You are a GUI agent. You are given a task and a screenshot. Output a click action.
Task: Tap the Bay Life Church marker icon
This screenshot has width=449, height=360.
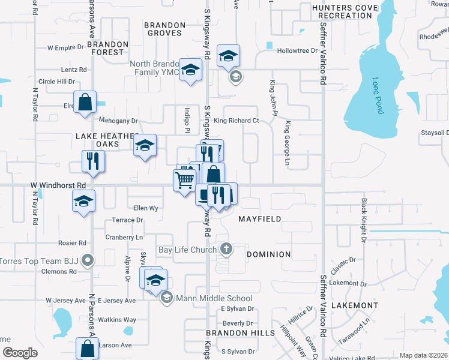(226, 248)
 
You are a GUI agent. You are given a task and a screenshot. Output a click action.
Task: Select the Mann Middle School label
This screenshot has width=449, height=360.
(214, 298)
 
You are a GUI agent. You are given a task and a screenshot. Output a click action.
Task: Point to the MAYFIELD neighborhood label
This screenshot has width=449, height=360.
(260, 219)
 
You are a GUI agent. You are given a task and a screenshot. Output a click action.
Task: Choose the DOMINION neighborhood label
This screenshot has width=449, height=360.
(269, 254)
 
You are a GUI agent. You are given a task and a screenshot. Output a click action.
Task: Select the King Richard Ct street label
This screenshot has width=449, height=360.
(236, 121)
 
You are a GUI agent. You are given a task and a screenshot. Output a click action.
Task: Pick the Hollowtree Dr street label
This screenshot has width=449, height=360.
(297, 50)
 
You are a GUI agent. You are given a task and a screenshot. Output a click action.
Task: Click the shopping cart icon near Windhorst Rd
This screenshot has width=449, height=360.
(184, 179)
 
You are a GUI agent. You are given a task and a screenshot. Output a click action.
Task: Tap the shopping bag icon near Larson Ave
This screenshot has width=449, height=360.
(88, 348)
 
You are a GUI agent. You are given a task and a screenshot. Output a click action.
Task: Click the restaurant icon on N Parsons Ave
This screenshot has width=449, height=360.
(93, 160)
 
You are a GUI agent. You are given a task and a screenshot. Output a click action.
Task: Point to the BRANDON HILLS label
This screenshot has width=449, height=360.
(240, 332)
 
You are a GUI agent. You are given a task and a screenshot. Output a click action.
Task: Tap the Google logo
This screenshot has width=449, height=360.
(19, 353)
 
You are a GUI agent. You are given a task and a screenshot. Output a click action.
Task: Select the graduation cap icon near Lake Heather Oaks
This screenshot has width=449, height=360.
(145, 145)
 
